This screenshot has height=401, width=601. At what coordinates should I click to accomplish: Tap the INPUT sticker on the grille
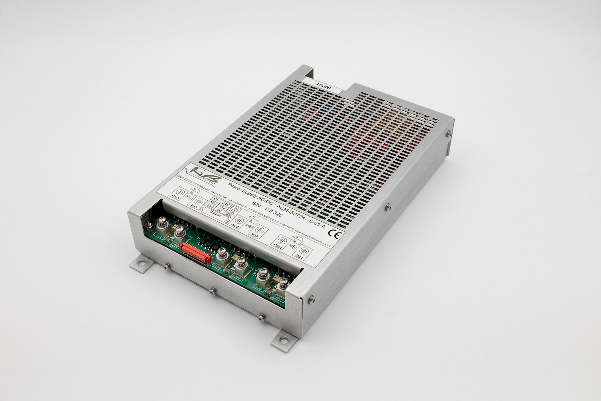(x=324, y=85)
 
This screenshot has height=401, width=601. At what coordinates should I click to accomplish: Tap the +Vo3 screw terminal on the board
(x=160, y=226)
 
